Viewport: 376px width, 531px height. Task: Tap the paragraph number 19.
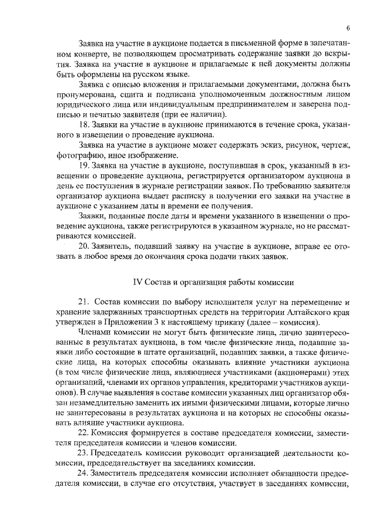84,166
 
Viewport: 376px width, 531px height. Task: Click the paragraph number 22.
84,432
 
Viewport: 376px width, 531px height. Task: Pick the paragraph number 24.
84,474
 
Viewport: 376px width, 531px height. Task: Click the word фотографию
76,155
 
